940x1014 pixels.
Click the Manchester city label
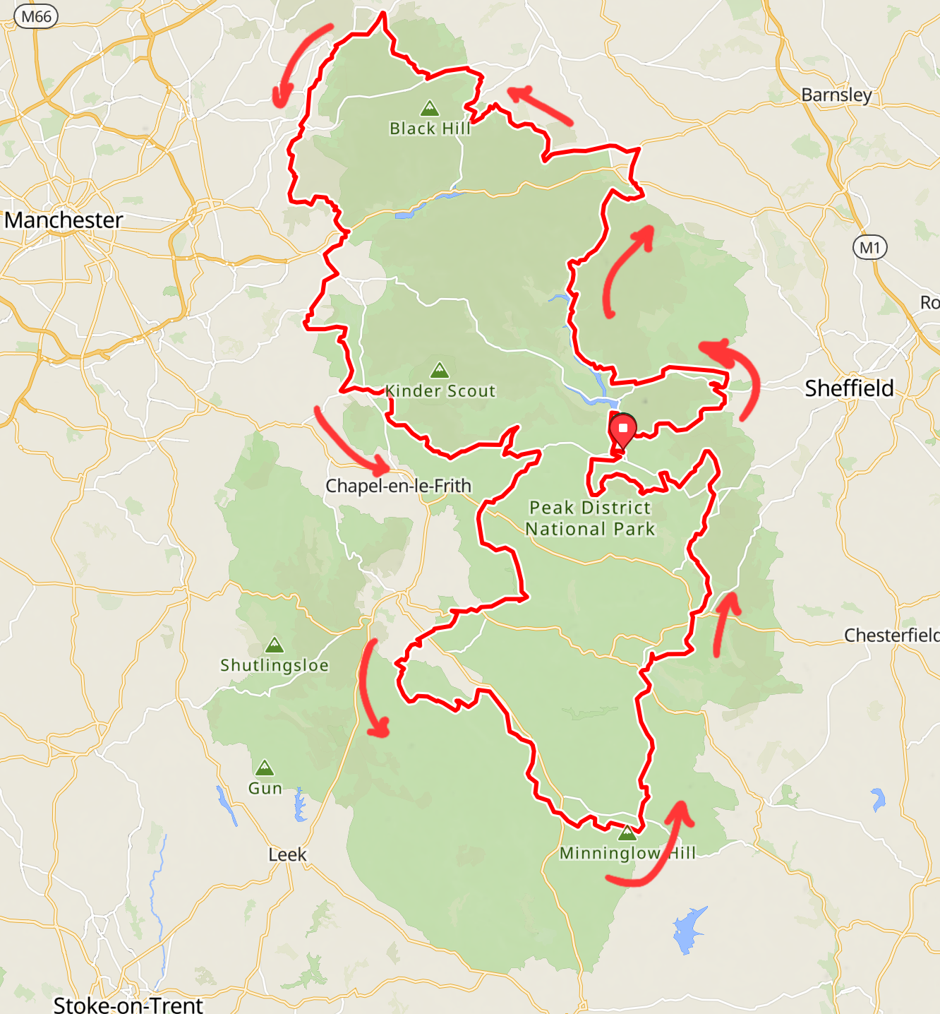click(x=64, y=220)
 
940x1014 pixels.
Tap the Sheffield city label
click(x=849, y=388)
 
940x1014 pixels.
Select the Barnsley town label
click(x=836, y=95)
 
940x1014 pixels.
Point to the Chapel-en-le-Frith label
click(x=398, y=486)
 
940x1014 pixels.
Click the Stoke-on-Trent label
click(x=128, y=1004)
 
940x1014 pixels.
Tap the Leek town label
click(x=287, y=854)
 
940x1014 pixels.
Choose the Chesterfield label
click(x=891, y=636)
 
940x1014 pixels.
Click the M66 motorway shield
click(x=36, y=16)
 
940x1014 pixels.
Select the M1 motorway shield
click(x=869, y=248)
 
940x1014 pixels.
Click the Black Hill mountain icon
click(x=429, y=109)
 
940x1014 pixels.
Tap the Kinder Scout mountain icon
click(x=439, y=369)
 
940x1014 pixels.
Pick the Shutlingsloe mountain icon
click(x=274, y=645)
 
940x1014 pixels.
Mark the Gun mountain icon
click(x=264, y=768)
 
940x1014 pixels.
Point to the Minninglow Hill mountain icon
click(x=627, y=833)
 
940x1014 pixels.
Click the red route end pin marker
click(x=622, y=430)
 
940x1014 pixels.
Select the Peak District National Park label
click(x=591, y=518)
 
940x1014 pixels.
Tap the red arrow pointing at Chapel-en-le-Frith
click(x=350, y=442)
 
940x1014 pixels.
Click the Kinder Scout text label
click(x=441, y=391)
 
